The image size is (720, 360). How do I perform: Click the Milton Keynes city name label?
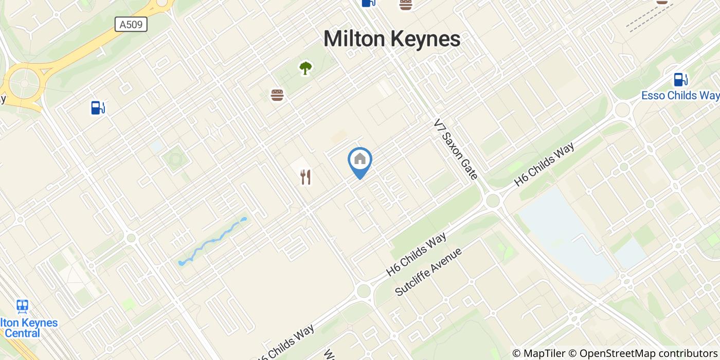click(392, 39)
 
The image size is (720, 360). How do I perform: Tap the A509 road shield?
click(131, 24)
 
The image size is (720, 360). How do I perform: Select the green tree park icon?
click(305, 67)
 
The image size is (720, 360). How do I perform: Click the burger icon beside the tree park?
click(277, 95)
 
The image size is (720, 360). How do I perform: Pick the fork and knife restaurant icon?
click(305, 177)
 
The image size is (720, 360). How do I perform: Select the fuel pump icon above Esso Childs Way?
click(680, 80)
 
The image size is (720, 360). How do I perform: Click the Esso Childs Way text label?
click(680, 96)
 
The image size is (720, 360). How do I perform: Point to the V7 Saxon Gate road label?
click(456, 149)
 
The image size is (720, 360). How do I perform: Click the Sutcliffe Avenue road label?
click(429, 272)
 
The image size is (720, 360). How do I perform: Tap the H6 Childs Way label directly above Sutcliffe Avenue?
click(416, 253)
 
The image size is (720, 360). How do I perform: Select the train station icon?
click(22, 307)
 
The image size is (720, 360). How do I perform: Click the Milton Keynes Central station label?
click(28, 328)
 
